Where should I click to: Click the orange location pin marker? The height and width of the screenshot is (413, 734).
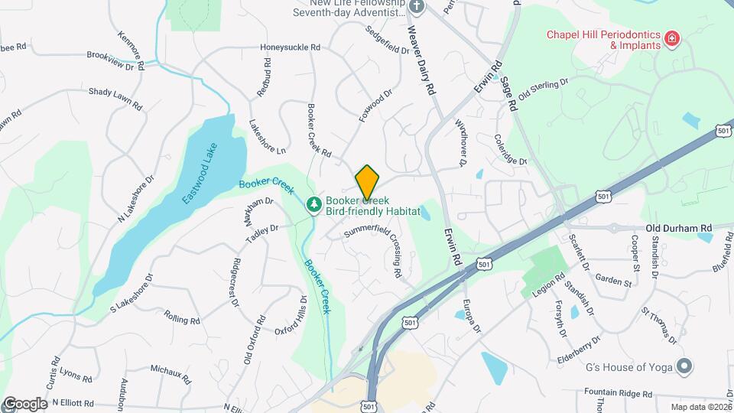(367, 182)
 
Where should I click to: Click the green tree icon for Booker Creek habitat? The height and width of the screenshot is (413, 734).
(313, 204)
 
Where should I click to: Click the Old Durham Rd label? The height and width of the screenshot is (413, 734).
(678, 228)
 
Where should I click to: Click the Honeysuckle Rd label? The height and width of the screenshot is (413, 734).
(289, 47)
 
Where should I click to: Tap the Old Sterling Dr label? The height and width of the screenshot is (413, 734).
(544, 89)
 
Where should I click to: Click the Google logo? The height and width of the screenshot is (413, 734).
(25, 403)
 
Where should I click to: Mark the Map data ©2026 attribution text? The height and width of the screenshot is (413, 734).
(701, 407)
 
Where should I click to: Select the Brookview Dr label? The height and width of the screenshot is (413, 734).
(110, 61)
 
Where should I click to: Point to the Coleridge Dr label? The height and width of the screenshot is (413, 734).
(512, 149)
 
